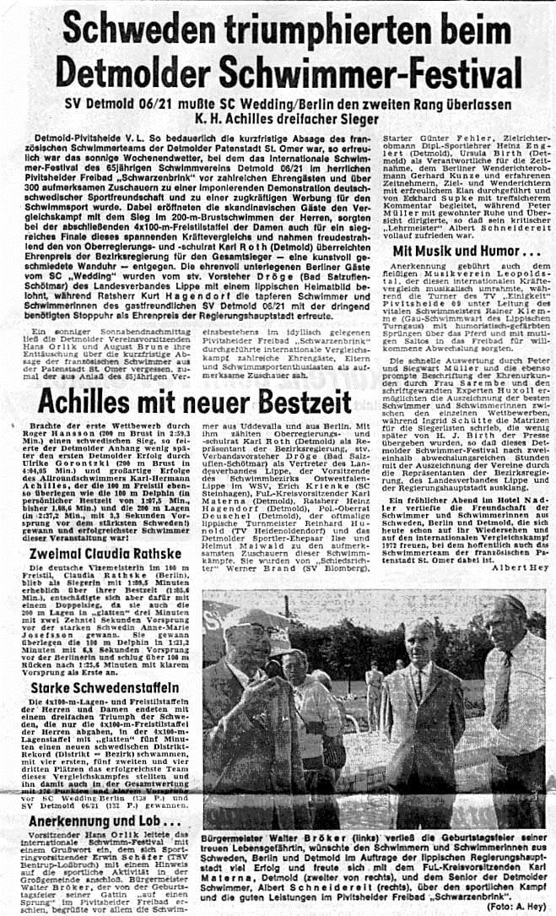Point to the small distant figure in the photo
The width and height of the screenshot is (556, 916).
point(375,675)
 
